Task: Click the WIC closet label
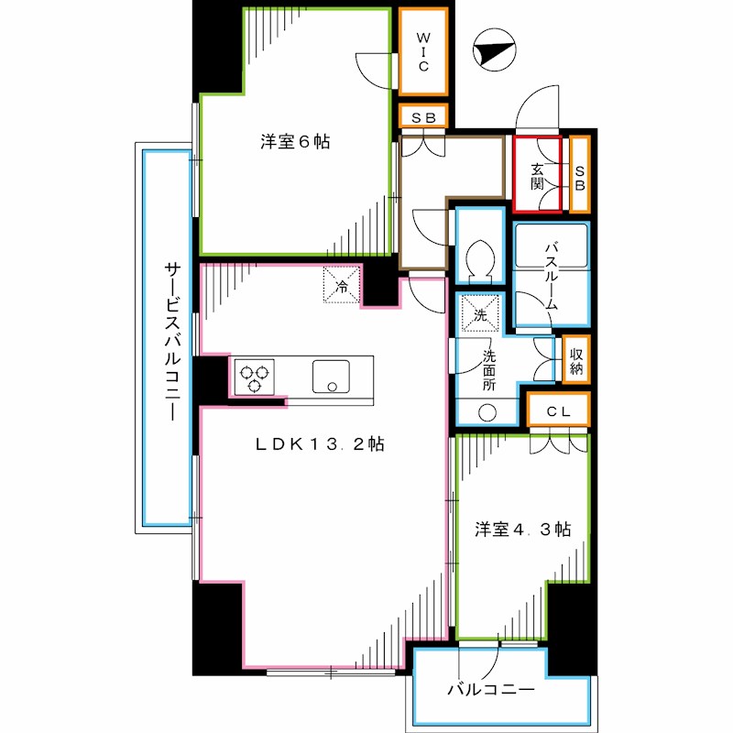click(x=423, y=52)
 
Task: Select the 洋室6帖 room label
click(x=295, y=142)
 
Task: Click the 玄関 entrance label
click(x=538, y=175)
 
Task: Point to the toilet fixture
click(x=478, y=257)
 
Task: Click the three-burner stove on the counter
click(x=254, y=377)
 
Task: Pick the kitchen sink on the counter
click(x=332, y=376)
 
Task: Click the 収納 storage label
click(x=575, y=360)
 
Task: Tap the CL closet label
click(x=559, y=412)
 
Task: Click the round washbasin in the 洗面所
click(x=484, y=412)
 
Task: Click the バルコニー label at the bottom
click(x=492, y=689)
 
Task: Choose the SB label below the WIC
click(x=423, y=117)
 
